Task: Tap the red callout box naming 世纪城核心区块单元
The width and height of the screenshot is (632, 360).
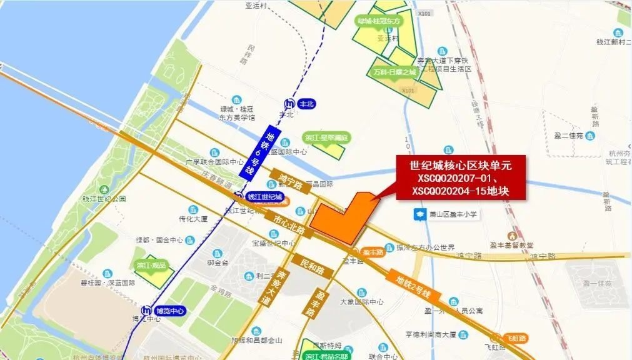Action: tap(460, 178)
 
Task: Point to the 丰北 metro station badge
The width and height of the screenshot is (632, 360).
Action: tap(299, 104)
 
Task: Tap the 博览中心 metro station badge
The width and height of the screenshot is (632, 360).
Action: tap(161, 310)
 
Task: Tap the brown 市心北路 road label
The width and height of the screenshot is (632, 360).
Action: tap(289, 225)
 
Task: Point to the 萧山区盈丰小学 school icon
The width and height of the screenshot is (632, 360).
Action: tap(418, 214)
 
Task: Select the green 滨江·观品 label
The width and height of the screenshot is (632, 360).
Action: tap(151, 265)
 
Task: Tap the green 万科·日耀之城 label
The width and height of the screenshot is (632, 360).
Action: tap(394, 72)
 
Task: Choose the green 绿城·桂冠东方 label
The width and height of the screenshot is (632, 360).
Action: tap(379, 21)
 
